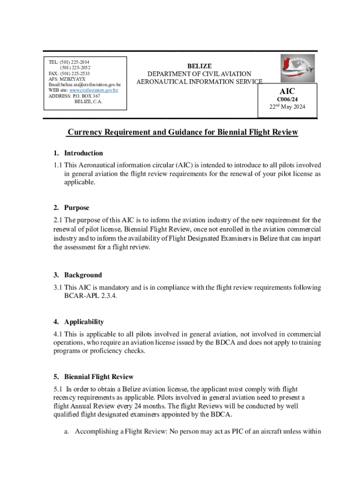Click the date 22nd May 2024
[x=287, y=107]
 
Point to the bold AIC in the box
[x=287, y=91]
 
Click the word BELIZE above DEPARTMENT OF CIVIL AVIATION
[x=199, y=66]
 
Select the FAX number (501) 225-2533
[x=74, y=74]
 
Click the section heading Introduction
[x=83, y=153]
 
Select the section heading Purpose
[x=77, y=207]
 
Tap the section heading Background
[x=83, y=275]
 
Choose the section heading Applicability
[x=84, y=322]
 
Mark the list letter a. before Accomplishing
[x=67, y=432]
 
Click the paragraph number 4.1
[x=58, y=334]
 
